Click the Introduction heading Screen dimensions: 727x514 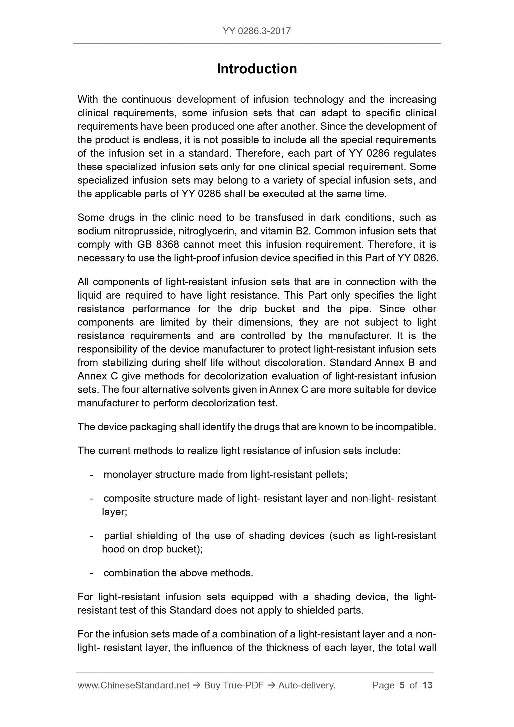[x=256, y=69]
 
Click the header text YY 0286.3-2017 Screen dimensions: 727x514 [x=256, y=31]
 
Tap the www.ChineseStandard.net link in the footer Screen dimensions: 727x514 [x=133, y=685]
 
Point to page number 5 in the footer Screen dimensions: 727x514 [x=402, y=685]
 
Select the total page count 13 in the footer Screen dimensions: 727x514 [x=427, y=685]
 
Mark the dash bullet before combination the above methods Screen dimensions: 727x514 [x=92, y=573]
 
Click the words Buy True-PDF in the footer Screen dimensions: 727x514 [x=234, y=685]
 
